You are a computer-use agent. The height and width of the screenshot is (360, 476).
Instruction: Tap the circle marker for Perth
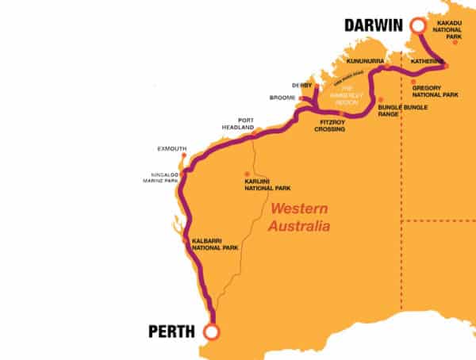(x=212, y=331)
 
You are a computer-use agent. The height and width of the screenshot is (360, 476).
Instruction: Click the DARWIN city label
(x=374, y=25)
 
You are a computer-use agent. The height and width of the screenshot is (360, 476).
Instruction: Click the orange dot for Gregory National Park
(x=413, y=81)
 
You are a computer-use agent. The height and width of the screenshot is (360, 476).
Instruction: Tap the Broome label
(x=282, y=98)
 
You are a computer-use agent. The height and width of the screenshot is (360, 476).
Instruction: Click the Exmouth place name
(x=172, y=148)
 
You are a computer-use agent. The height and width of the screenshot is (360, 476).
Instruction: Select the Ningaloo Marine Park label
(x=160, y=178)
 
